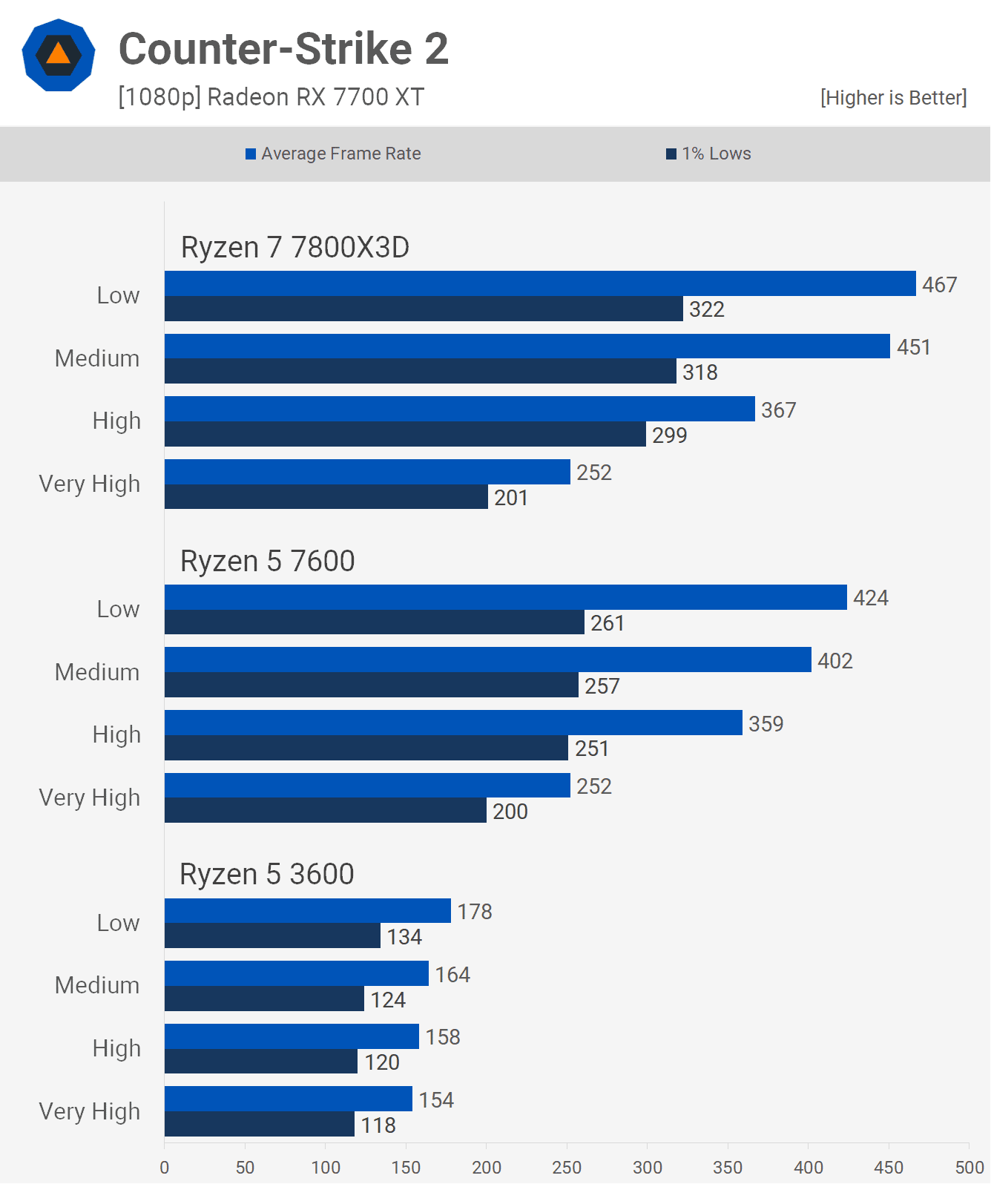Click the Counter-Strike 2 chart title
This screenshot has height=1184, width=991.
(x=283, y=49)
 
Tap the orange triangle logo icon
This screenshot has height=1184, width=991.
(x=59, y=55)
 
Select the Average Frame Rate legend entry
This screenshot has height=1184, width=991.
(x=333, y=154)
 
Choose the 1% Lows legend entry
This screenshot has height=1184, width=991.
(x=708, y=154)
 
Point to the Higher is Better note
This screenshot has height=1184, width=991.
(x=893, y=98)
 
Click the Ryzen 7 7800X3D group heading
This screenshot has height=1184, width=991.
(x=294, y=248)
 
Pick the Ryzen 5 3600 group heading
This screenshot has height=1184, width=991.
(x=266, y=875)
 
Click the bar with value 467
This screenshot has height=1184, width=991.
(x=540, y=283)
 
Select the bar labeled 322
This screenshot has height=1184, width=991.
(x=424, y=309)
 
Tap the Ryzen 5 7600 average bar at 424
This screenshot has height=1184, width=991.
(x=505, y=597)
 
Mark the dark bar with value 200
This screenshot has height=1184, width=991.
(x=325, y=811)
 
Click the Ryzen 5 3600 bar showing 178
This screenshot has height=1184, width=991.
(x=307, y=911)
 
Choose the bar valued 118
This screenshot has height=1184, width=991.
(x=259, y=1125)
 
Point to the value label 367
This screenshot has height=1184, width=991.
(x=778, y=410)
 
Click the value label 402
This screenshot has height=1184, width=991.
(x=834, y=661)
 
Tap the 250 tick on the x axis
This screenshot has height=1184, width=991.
(x=567, y=1167)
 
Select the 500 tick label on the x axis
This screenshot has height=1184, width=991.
(x=969, y=1167)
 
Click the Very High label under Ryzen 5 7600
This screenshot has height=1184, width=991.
(x=89, y=797)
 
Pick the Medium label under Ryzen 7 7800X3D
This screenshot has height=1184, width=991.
(x=96, y=358)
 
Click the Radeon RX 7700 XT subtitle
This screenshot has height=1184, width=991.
(x=271, y=97)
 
